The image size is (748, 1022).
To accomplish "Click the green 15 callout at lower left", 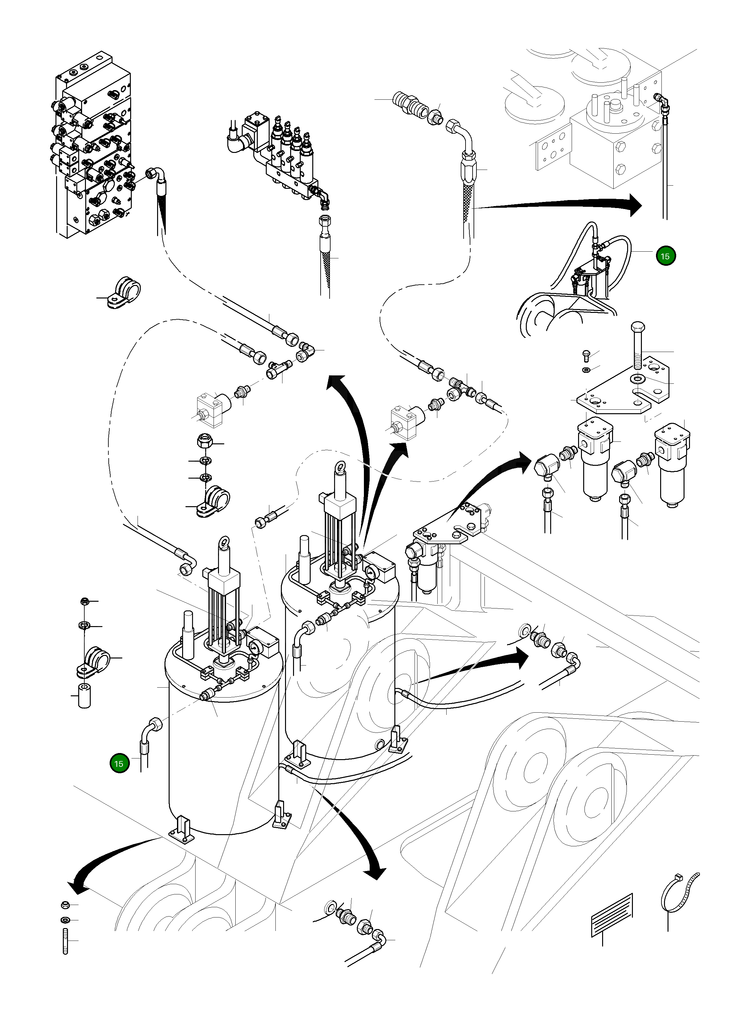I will click(x=119, y=764).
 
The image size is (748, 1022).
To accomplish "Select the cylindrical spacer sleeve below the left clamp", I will click(x=85, y=696).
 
